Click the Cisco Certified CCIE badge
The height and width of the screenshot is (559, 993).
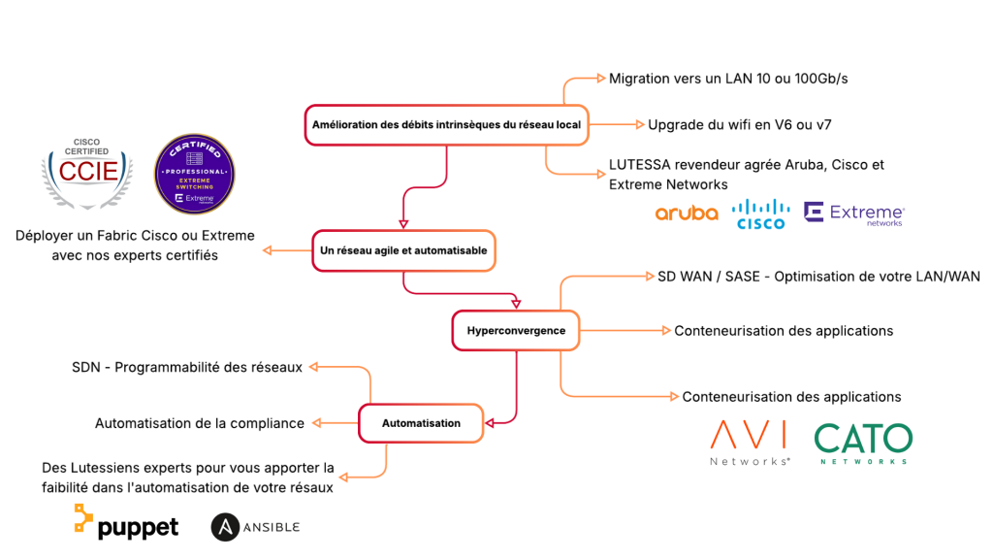(87, 173)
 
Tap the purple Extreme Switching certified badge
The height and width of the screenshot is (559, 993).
(194, 174)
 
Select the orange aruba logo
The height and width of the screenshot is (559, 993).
(687, 213)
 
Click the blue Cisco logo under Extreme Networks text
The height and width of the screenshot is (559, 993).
(760, 214)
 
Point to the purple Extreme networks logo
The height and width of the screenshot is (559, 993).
(854, 214)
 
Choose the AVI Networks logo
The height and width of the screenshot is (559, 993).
(750, 443)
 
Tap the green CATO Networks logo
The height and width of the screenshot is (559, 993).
(863, 443)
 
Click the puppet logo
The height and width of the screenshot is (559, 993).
(126, 522)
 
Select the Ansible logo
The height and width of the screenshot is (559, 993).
(255, 527)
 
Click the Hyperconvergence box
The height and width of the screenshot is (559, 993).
(516, 330)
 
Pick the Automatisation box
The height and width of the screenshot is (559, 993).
(421, 423)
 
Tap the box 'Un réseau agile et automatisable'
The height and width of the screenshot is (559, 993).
(403, 250)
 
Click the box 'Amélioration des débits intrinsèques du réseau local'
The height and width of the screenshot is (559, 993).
(446, 125)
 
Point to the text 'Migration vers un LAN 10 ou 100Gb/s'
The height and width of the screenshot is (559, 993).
(728, 79)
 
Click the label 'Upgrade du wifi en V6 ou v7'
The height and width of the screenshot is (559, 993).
(739, 125)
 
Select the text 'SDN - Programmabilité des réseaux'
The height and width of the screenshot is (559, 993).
(187, 367)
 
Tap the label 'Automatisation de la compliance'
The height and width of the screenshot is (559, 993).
(200, 423)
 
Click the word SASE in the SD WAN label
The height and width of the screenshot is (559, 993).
(742, 277)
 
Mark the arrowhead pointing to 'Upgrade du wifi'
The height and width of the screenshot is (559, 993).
(640, 125)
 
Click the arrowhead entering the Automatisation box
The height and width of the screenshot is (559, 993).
(490, 423)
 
